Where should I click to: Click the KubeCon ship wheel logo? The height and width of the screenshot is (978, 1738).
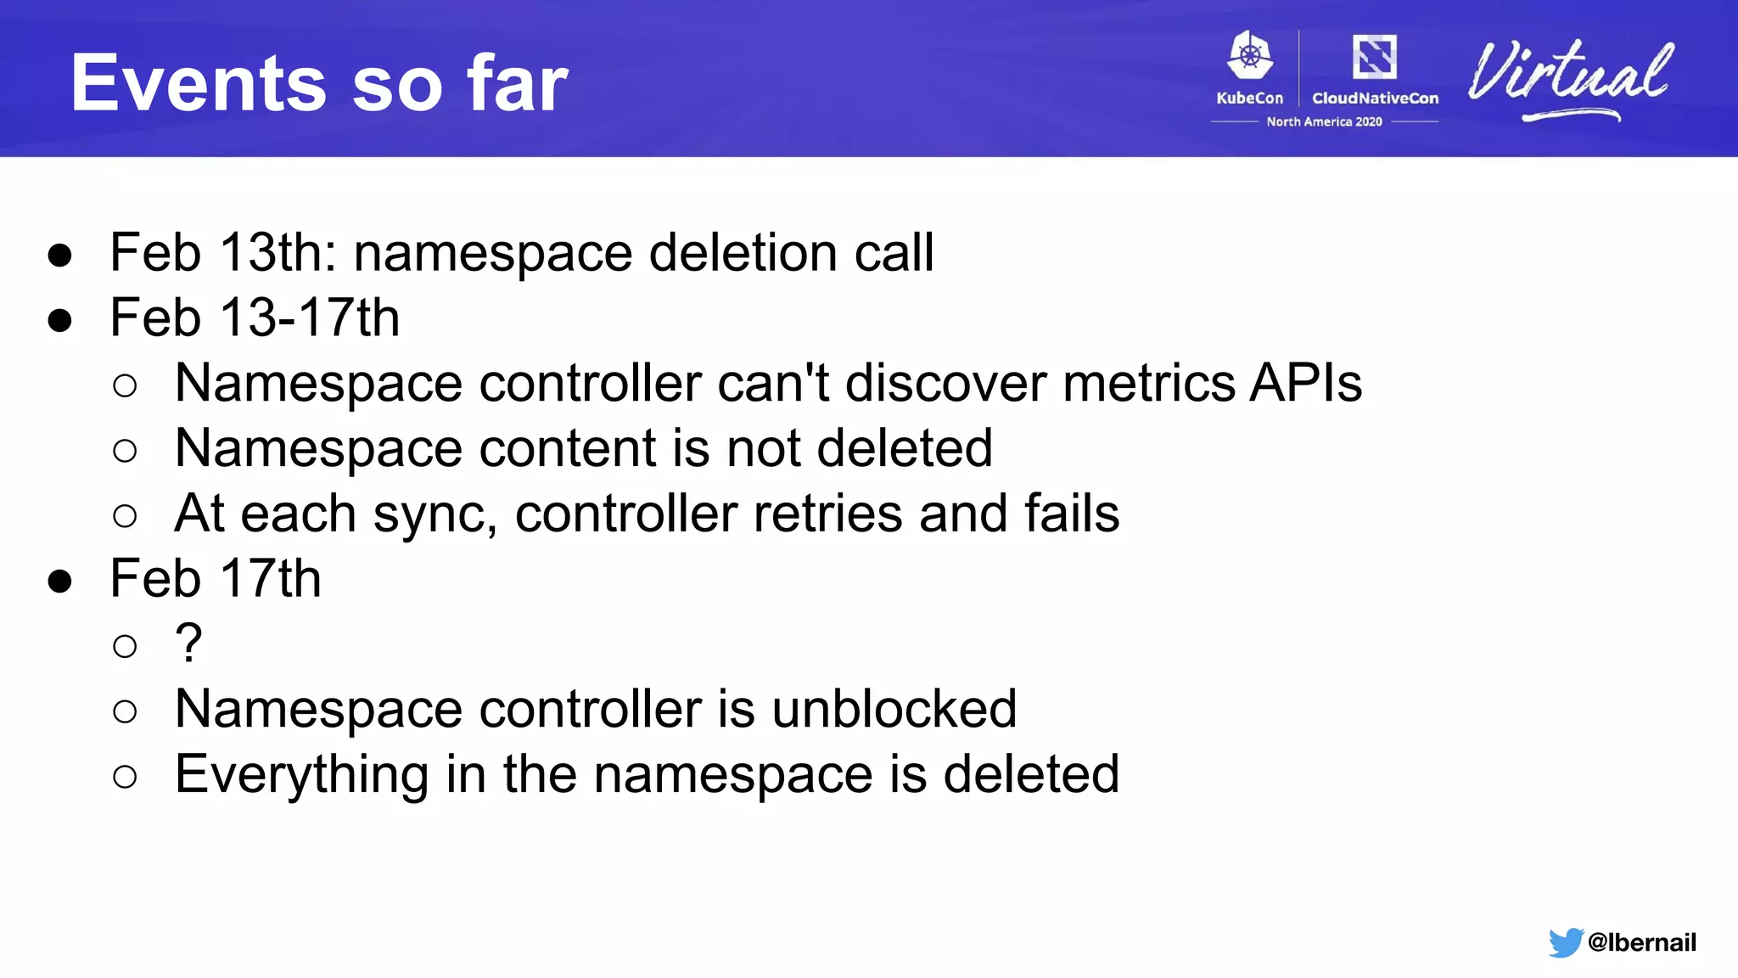pyautogui.click(x=1250, y=56)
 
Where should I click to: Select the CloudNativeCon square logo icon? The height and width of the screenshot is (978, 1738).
pyautogui.click(x=1374, y=57)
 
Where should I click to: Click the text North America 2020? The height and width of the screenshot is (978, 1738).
pyautogui.click(x=1324, y=122)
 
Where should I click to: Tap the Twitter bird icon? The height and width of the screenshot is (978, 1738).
pyautogui.click(x=1565, y=942)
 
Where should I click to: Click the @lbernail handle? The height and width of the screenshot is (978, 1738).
pyautogui.click(x=1641, y=942)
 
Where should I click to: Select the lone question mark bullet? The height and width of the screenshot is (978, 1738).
pyautogui.click(x=188, y=643)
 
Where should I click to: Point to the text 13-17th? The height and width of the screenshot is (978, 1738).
pyautogui.click(x=309, y=318)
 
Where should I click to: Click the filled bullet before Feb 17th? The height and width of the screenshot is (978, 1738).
pyautogui.click(x=59, y=582)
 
